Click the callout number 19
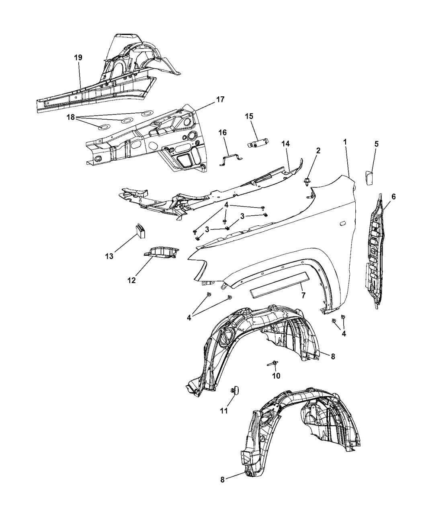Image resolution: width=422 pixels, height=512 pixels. point(78,57)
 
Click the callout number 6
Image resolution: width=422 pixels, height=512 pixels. point(393,196)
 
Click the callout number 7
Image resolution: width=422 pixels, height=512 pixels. point(303,295)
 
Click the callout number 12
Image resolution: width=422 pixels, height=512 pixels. point(132,281)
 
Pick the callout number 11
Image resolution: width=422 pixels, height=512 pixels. point(224,410)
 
